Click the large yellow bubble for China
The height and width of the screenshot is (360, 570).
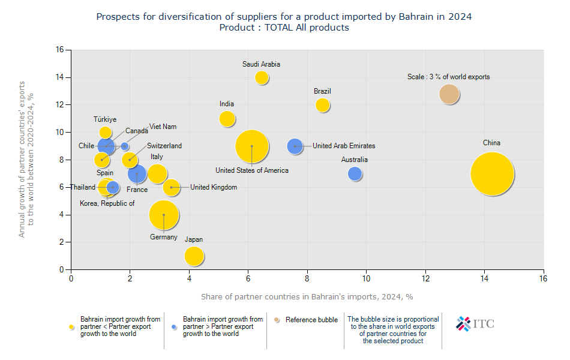tap(492, 174)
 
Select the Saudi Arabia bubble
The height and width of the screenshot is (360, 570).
tap(262, 77)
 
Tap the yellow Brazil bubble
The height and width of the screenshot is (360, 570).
tap(323, 105)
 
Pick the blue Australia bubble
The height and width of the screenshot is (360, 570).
tap(355, 174)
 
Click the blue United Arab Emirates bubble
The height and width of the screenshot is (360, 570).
tap(295, 146)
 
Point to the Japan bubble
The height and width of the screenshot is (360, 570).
tap(194, 256)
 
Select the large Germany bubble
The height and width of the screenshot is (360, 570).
tap(163, 215)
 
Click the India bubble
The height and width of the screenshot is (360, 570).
tap(227, 119)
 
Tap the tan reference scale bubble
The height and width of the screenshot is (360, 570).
tap(449, 94)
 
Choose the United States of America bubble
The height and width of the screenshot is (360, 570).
tap(252, 146)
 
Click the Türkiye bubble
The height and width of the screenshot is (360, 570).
tap(106, 132)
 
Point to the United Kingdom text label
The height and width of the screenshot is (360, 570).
tap(213, 187)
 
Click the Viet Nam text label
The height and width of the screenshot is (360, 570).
tap(163, 127)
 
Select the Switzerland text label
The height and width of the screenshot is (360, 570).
tap(164, 146)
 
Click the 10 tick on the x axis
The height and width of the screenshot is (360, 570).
tap(366, 279)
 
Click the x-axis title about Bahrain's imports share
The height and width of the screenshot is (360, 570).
tap(307, 296)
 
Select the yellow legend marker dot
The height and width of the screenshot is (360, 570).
tap(73, 326)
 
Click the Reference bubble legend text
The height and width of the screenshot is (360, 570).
tap(311, 320)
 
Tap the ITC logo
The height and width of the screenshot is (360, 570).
tap(475, 324)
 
